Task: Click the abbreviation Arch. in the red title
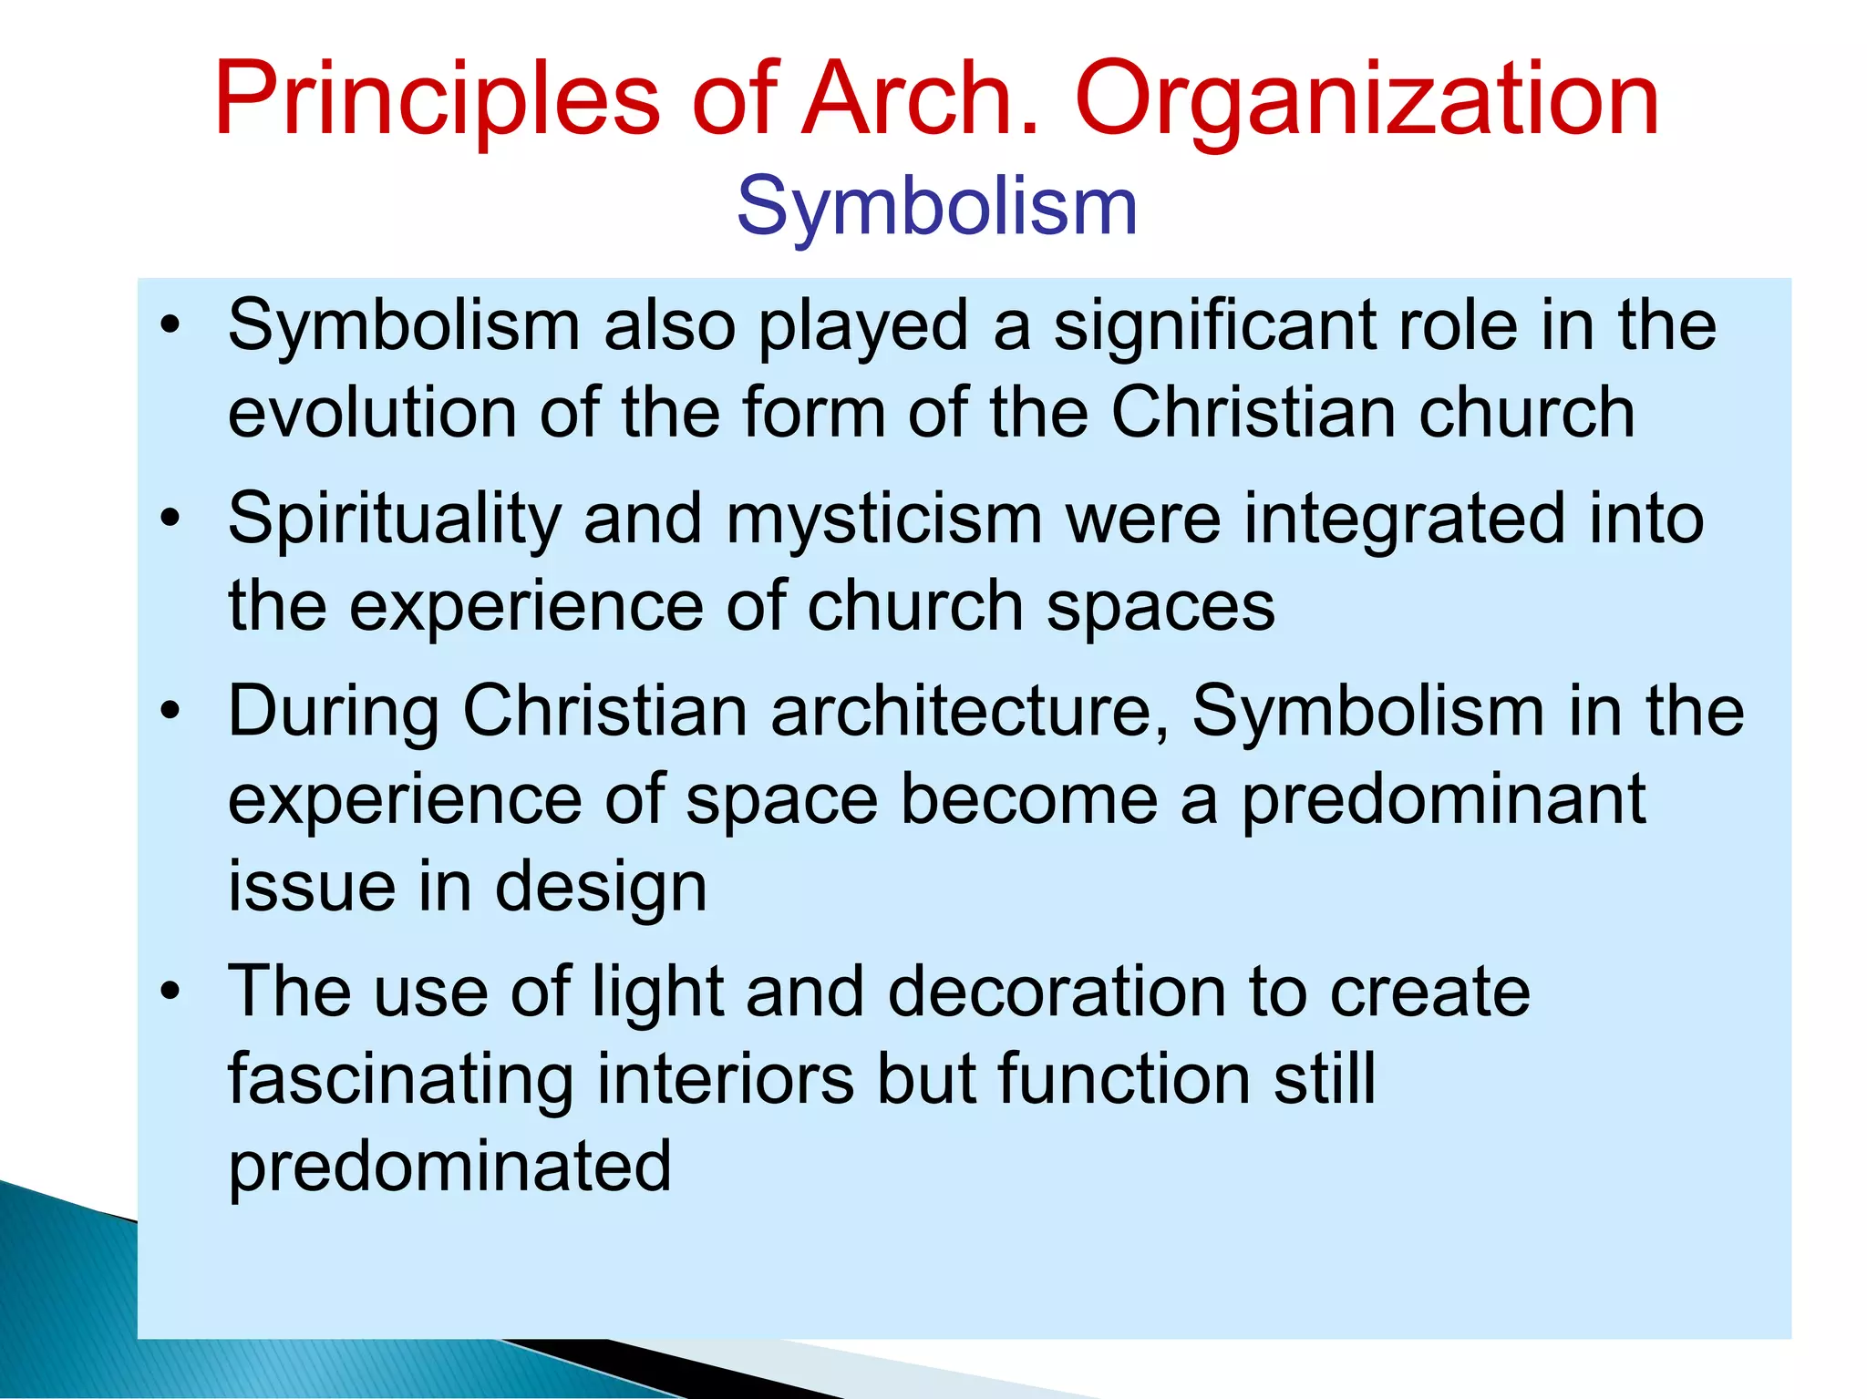pos(919,98)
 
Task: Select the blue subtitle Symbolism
pos(936,208)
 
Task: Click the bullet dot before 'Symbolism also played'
pos(170,325)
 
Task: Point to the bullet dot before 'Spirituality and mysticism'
pos(170,519)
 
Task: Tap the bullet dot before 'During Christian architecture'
pos(170,712)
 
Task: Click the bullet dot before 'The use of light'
pos(170,992)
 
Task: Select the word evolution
pos(372,413)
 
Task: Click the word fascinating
pos(400,1079)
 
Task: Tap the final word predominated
pos(449,1167)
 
